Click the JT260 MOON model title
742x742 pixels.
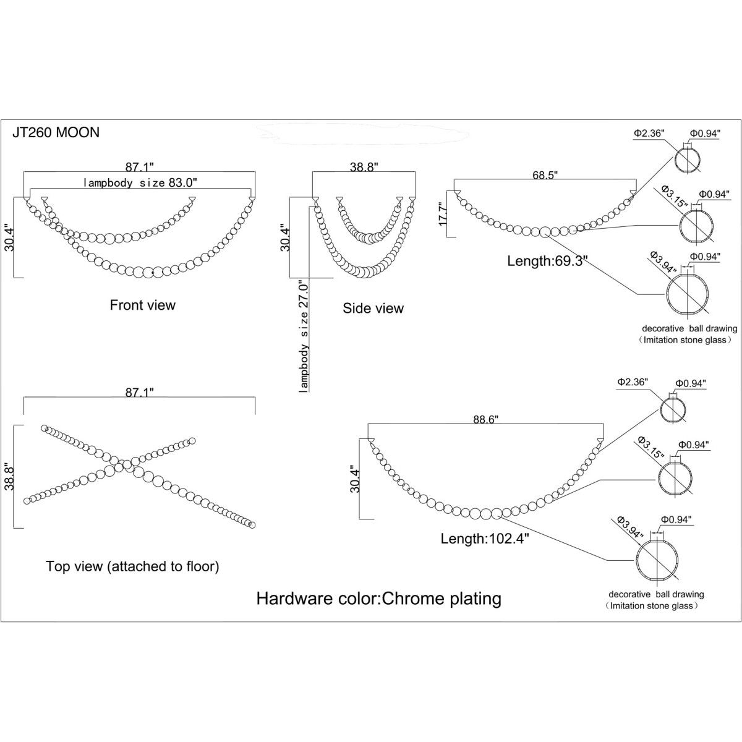[56, 132]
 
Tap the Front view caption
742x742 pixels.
[142, 305]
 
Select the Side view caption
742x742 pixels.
[373, 308]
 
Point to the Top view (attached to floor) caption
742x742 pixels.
[132, 566]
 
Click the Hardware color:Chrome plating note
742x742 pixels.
[379, 599]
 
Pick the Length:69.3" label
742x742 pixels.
[547, 261]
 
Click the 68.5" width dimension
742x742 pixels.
[545, 175]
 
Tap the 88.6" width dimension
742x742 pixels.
[486, 420]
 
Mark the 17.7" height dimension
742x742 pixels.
[443, 215]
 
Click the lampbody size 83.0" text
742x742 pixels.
[140, 182]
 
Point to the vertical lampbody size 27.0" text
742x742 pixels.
[304, 337]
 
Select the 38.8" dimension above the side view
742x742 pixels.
[364, 167]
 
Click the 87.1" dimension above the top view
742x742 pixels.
[139, 393]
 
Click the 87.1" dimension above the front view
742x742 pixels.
[139, 167]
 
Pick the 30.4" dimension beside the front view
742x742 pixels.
[9, 239]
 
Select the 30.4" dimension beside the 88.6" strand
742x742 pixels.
[355, 481]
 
